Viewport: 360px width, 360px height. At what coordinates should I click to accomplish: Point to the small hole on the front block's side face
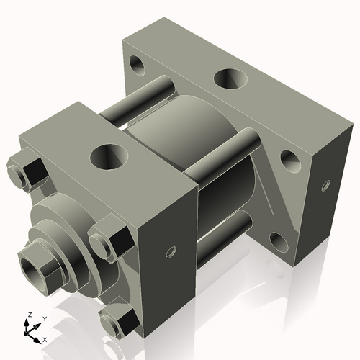point(171,252)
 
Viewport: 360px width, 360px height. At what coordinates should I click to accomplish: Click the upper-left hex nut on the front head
point(27,171)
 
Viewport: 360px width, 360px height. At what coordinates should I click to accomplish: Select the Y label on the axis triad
point(44,318)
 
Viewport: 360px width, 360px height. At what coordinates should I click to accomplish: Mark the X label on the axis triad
point(45,338)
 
